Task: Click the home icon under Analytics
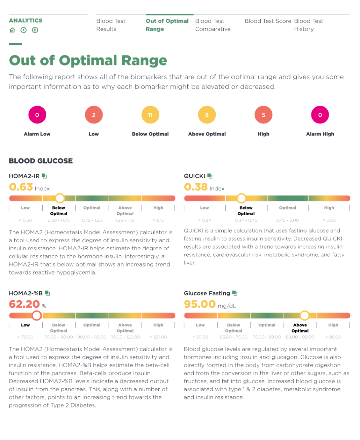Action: pos(12,30)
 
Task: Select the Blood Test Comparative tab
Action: pos(212,25)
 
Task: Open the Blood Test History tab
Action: pos(308,25)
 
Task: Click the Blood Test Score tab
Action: pos(268,21)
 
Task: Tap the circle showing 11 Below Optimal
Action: pos(150,115)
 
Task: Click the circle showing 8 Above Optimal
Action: pos(207,115)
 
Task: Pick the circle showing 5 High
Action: pos(263,115)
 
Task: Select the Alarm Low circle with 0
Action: pos(37,115)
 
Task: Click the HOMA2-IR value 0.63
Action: pos(21,187)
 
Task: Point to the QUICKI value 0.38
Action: pos(196,187)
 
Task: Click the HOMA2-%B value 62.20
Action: pos(24,304)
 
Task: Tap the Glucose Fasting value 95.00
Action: pos(200,304)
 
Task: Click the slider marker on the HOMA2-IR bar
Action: pos(60,198)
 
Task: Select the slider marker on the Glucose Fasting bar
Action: pos(305,316)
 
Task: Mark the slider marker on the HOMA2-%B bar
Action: pos(37,316)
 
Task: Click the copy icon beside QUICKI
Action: pos(210,176)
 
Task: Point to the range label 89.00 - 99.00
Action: pos(300,337)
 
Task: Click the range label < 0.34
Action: pos(204,220)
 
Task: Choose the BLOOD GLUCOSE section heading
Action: pos(41,161)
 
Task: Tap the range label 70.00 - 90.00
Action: pos(59,337)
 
